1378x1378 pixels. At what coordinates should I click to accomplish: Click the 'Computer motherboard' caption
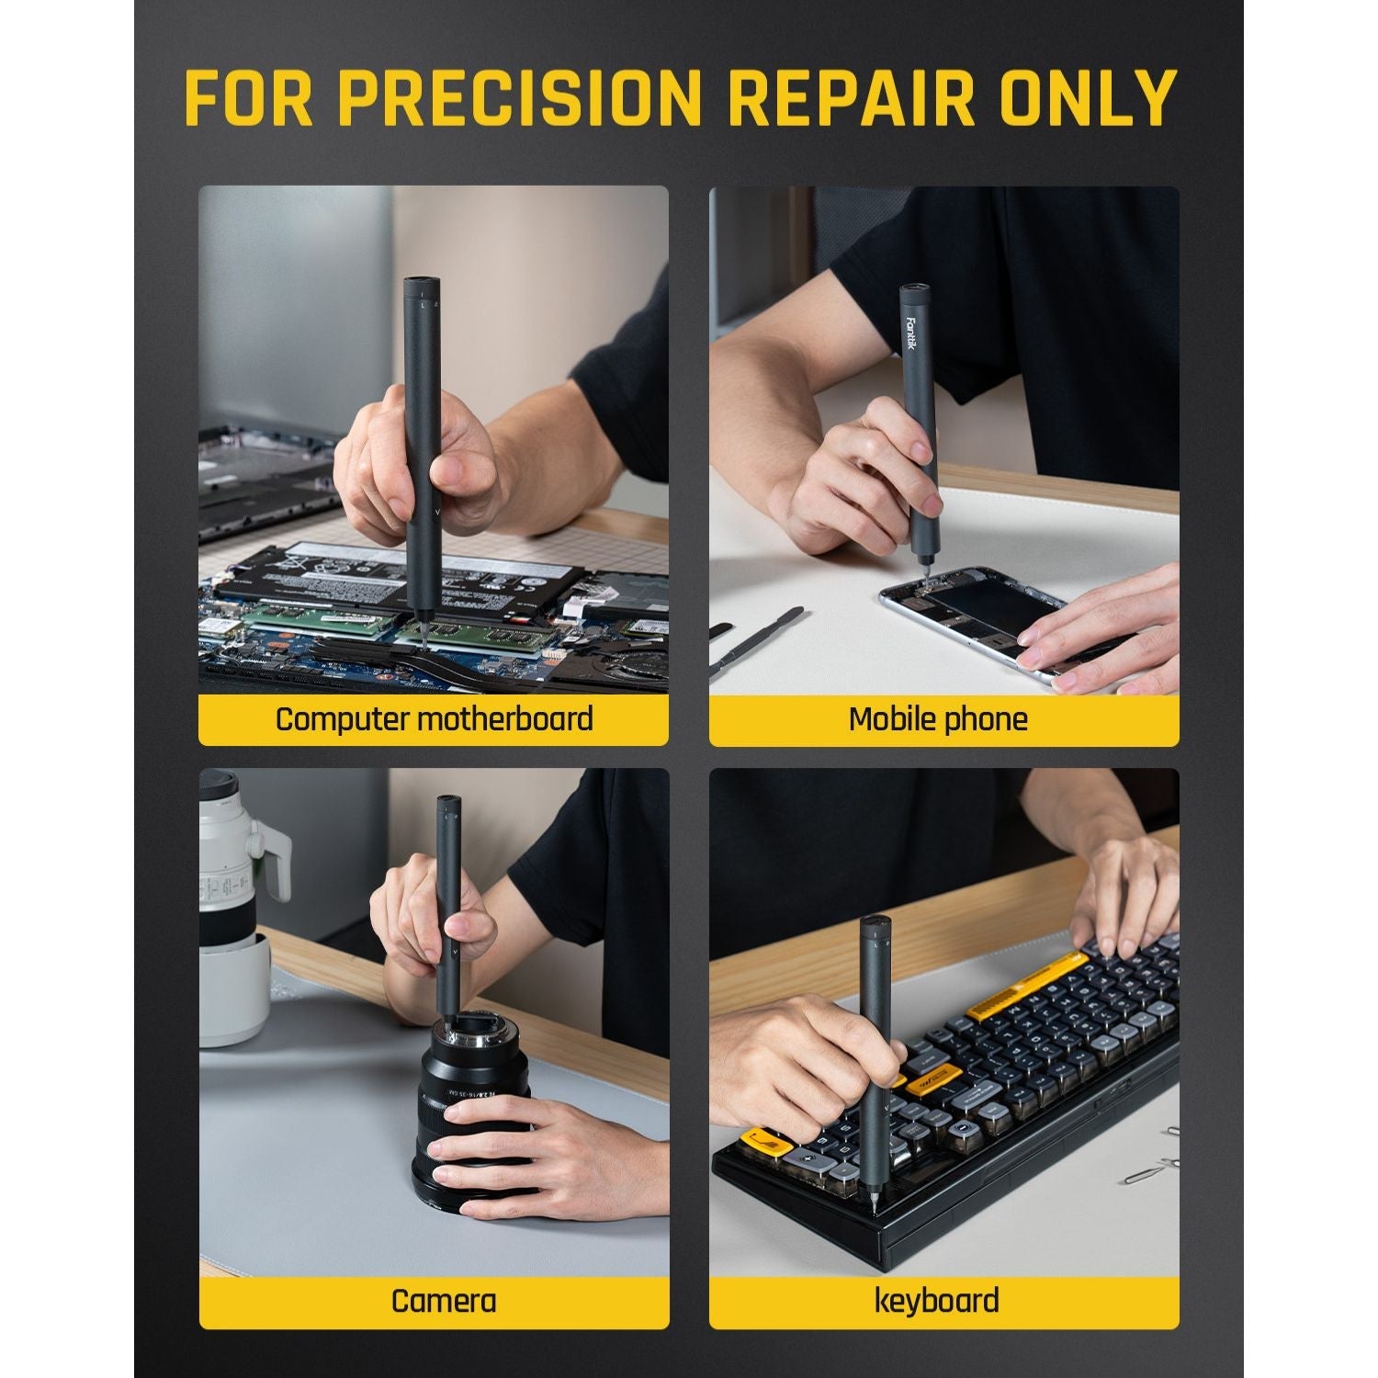(434, 718)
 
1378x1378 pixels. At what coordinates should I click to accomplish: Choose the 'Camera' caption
(443, 1301)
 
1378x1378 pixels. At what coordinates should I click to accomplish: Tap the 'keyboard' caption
(936, 1301)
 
